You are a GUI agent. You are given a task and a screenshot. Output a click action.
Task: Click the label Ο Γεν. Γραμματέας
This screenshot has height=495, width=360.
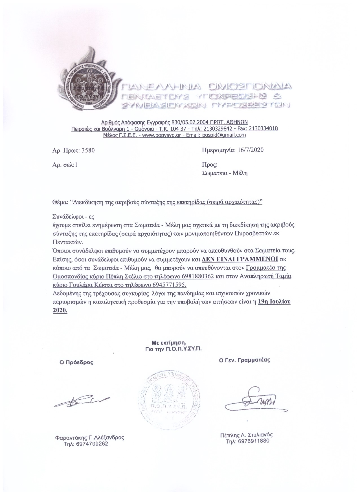(x=245, y=360)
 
